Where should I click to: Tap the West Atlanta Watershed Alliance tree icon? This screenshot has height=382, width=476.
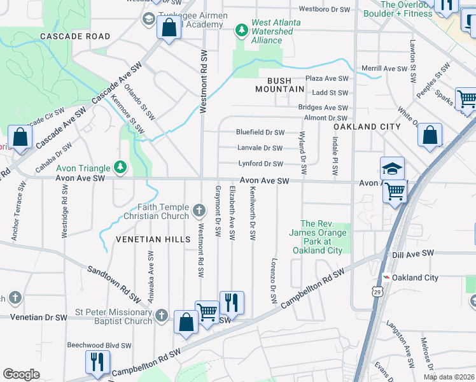241,29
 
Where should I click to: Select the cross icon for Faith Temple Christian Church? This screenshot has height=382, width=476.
199,211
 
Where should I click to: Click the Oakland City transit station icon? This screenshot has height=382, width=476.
385,278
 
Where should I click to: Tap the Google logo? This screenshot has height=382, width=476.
21,374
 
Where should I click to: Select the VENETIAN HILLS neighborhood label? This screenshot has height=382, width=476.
153,239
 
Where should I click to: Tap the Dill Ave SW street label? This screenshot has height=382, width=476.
413,253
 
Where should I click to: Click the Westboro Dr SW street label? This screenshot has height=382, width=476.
325,9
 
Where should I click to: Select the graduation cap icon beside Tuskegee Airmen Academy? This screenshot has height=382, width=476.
149,18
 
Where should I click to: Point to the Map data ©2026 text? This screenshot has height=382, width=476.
449,377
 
